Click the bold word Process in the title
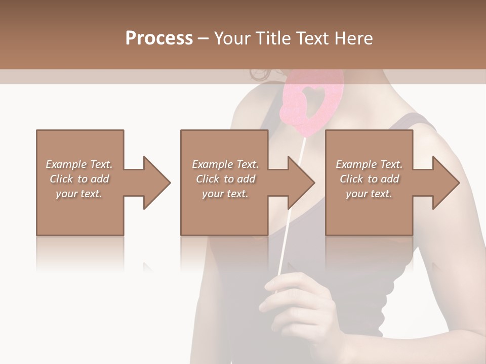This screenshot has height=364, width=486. (159, 38)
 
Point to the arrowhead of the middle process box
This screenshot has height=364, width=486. (301, 183)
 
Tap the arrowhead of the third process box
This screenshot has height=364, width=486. (445, 183)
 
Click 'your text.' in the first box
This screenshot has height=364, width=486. (79, 194)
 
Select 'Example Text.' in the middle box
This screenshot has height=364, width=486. (225, 164)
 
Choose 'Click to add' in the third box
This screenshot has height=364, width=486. (369, 179)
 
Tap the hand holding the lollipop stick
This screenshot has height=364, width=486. (299, 303)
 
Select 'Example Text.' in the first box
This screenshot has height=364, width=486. (79, 164)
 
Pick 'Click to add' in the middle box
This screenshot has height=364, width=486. (225, 179)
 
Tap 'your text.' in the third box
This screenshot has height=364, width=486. (369, 194)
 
